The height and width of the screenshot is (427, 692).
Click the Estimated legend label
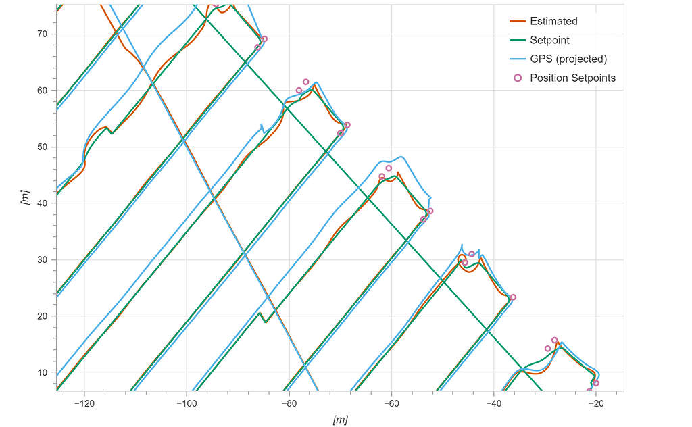pyautogui.click(x=553, y=21)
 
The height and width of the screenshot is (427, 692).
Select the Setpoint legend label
pyautogui.click(x=549, y=40)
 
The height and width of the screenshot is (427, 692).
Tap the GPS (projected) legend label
pyautogui.click(x=568, y=59)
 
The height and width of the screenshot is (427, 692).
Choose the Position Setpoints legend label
pyautogui.click(x=572, y=78)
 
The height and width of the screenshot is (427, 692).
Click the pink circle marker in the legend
pyautogui.click(x=518, y=78)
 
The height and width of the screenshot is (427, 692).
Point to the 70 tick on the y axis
pyautogui.click(x=43, y=34)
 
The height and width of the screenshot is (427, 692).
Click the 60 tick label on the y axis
pyautogui.click(x=43, y=91)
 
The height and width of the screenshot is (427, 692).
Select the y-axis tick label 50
pyautogui.click(x=43, y=147)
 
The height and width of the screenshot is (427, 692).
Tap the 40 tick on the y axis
pyautogui.click(x=43, y=203)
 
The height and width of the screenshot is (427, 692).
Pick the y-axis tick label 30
pyautogui.click(x=43, y=259)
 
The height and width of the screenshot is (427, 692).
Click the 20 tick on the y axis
pyautogui.click(x=43, y=316)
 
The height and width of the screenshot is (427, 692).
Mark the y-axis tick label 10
pyautogui.click(x=43, y=372)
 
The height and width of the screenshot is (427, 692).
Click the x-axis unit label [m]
pyautogui.click(x=340, y=420)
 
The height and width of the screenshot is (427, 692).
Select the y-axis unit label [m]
pyautogui.click(x=25, y=197)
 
